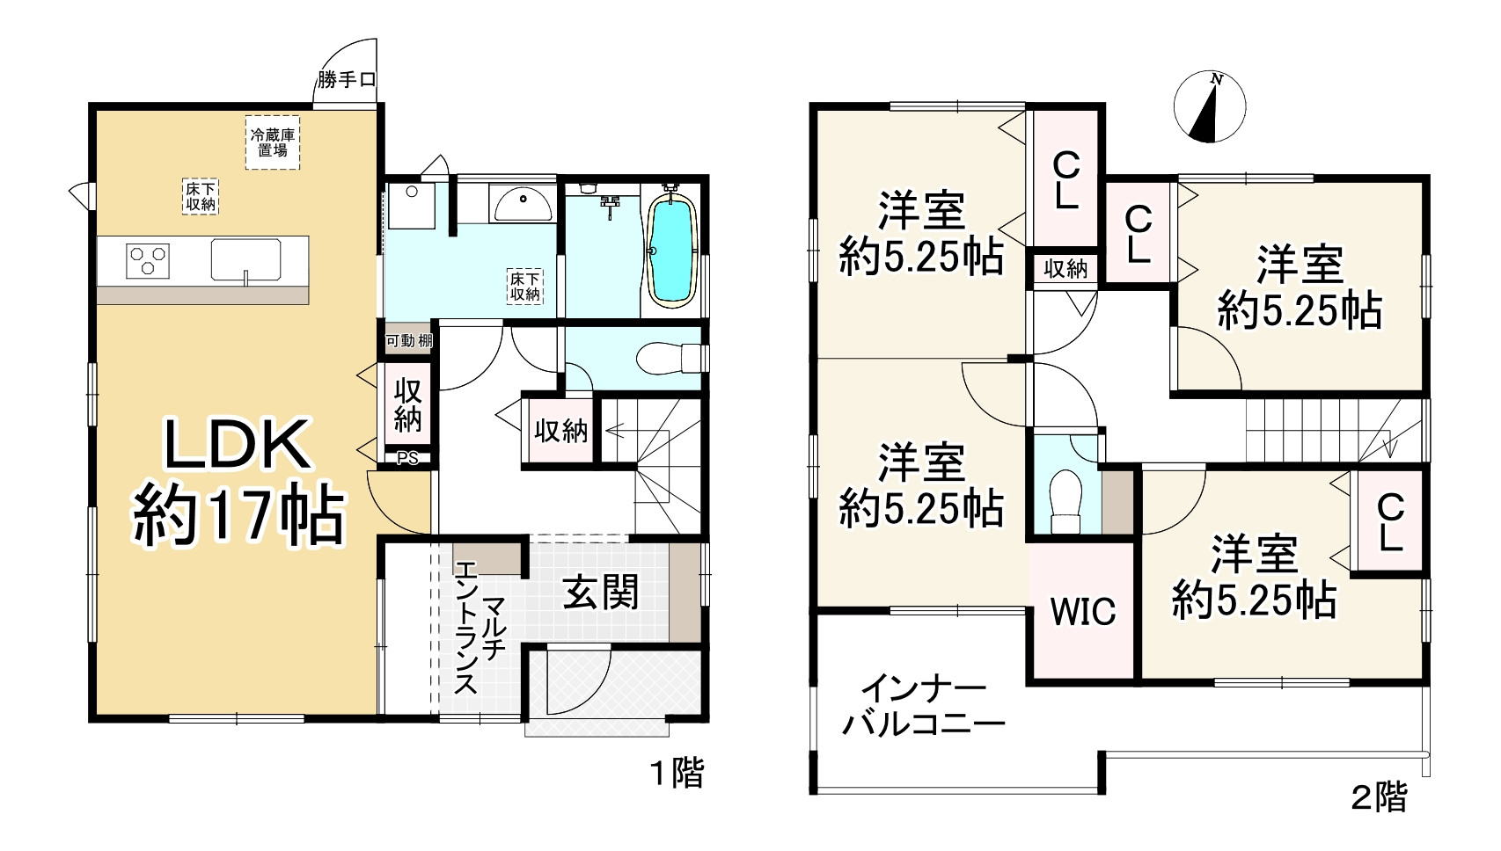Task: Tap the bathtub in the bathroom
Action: (671, 251)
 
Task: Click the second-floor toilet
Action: (1065, 501)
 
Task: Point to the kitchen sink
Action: (245, 261)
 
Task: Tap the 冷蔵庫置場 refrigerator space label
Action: (272, 142)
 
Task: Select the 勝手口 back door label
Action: (347, 80)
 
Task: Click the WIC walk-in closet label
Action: (1082, 612)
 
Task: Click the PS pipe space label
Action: (406, 457)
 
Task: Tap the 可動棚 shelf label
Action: (409, 340)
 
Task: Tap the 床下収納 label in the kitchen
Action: (201, 196)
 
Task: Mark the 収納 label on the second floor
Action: (1065, 269)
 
